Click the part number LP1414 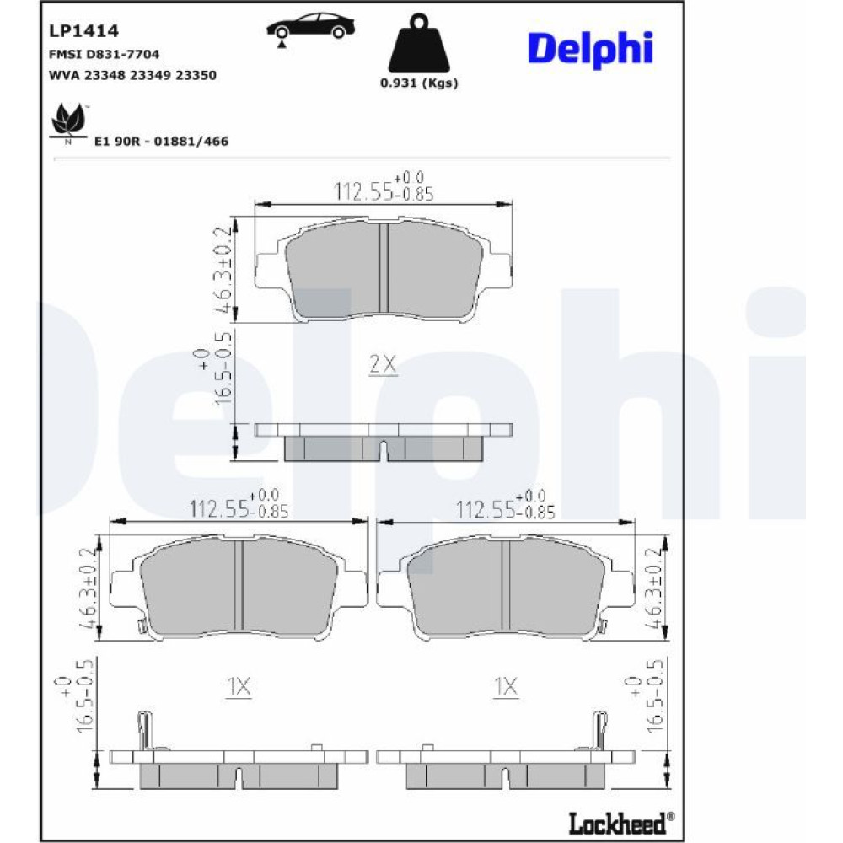83,31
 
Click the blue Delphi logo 590,49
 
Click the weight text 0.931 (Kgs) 419,83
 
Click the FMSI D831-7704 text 104,54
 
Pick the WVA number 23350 196,75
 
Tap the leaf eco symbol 68,121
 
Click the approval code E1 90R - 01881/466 161,142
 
